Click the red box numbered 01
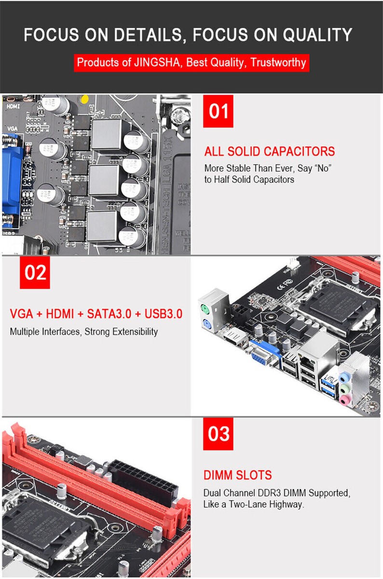219,111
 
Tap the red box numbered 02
35,273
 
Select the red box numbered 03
219,434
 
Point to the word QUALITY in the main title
317,35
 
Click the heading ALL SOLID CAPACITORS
269,152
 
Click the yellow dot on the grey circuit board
84,99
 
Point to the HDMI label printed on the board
14,105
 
